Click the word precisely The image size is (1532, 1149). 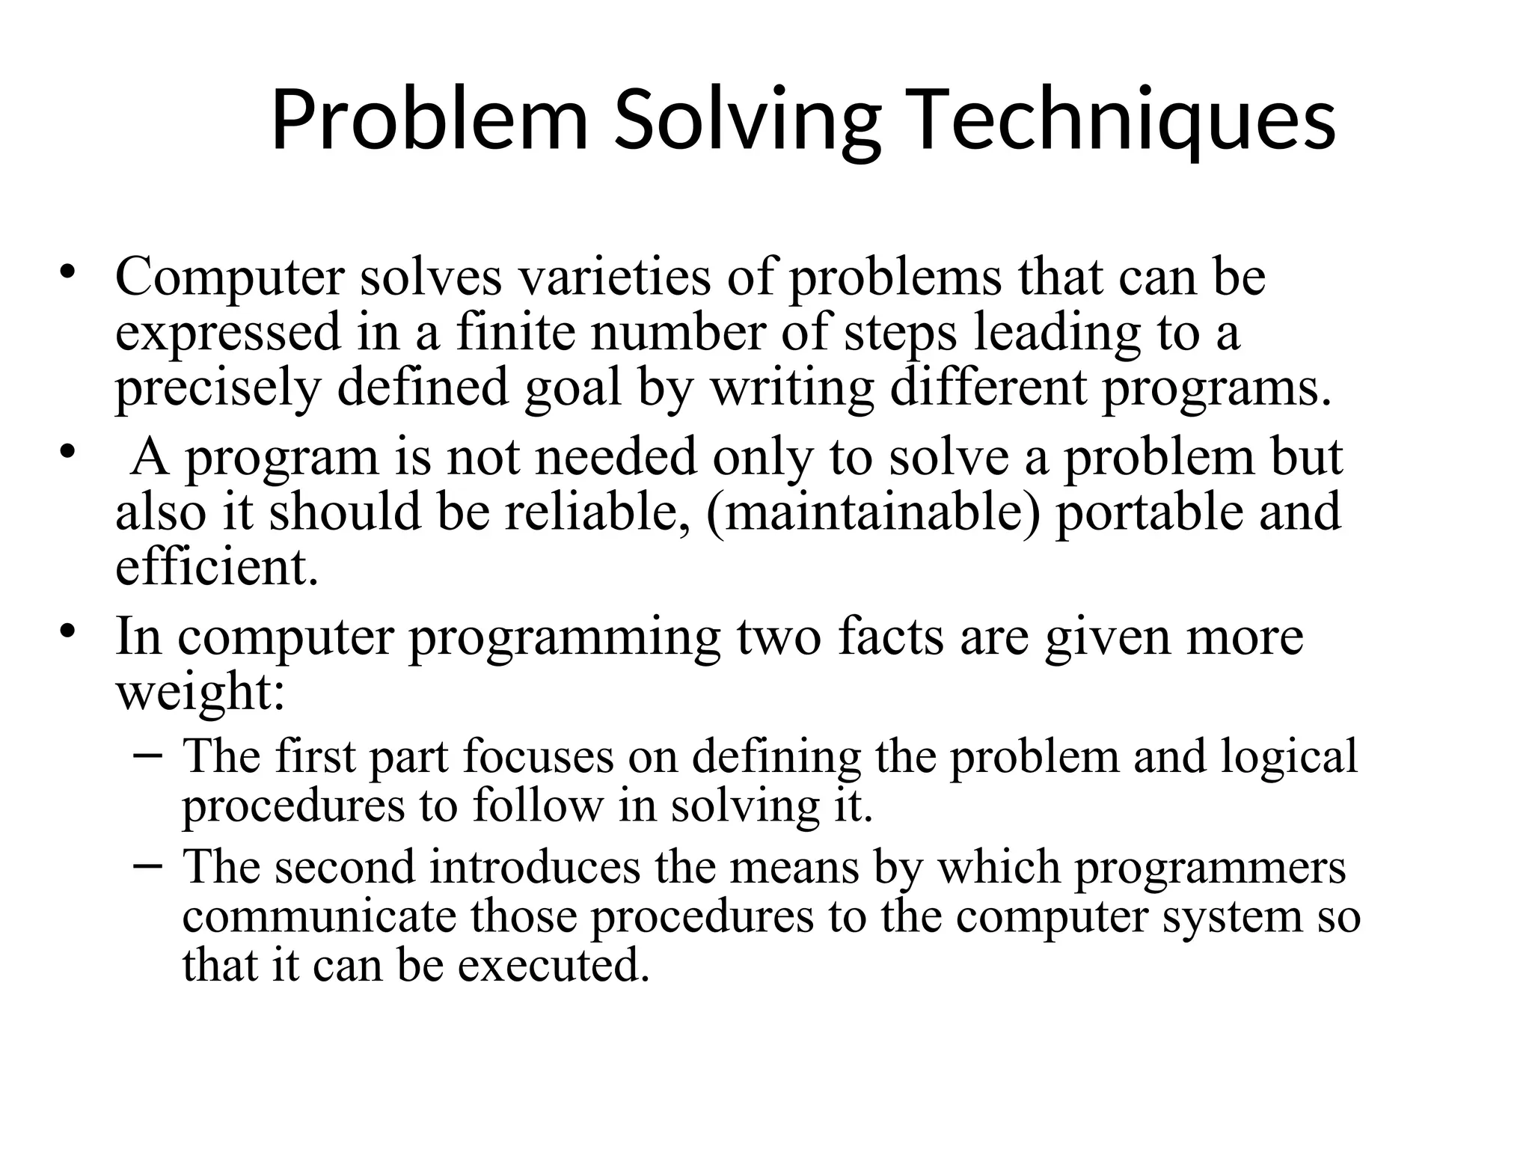pyautogui.click(x=218, y=389)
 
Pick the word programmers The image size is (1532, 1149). pyautogui.click(x=1210, y=867)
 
